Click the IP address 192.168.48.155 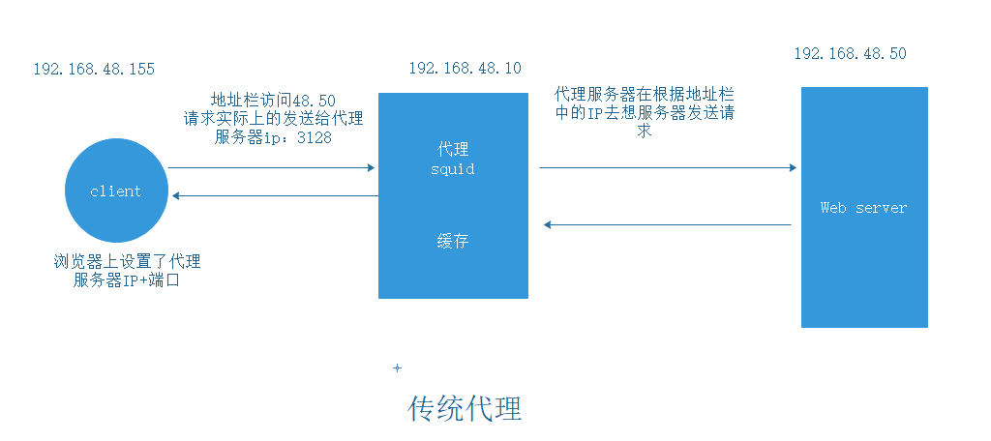coord(94,70)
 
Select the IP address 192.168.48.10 coord(465,68)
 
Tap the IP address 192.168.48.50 coord(850,54)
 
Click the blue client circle coord(115,191)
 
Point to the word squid coord(452,169)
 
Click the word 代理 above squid coord(452,150)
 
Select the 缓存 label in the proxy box coord(452,241)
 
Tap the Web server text coord(863,208)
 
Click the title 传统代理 coord(465,408)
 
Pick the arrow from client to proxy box coord(271,168)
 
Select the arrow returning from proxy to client coord(274,196)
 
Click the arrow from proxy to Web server coord(667,168)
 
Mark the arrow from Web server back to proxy coord(667,225)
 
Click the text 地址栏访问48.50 coord(274,101)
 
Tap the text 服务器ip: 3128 coord(274,136)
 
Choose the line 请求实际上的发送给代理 coord(274,119)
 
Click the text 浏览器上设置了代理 coord(127,262)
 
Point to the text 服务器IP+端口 coord(127,280)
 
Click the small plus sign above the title coord(397,368)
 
